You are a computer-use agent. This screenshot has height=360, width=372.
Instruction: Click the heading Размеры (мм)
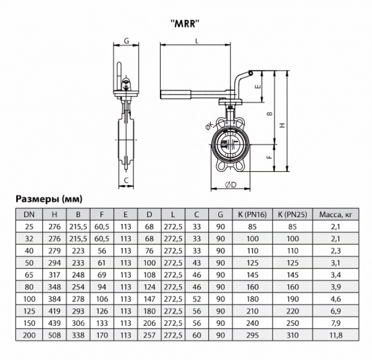point(48,199)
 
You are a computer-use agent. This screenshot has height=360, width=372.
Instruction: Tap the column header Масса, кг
point(335,215)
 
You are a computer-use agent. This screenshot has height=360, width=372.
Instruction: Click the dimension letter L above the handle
point(197,41)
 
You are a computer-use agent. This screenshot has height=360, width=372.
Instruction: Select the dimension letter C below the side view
point(126,181)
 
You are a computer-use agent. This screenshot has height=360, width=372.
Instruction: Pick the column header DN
point(29,215)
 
